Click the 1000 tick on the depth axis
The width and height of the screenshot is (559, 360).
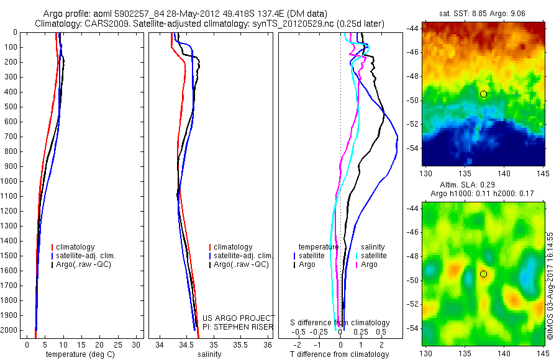[11, 181]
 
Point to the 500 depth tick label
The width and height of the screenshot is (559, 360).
[11, 107]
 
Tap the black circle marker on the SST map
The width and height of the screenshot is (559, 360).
[483, 94]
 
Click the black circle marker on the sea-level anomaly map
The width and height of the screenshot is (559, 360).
[483, 274]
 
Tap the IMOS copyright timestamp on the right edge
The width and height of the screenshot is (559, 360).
[550, 286]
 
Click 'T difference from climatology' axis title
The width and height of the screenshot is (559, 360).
[339, 354]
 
